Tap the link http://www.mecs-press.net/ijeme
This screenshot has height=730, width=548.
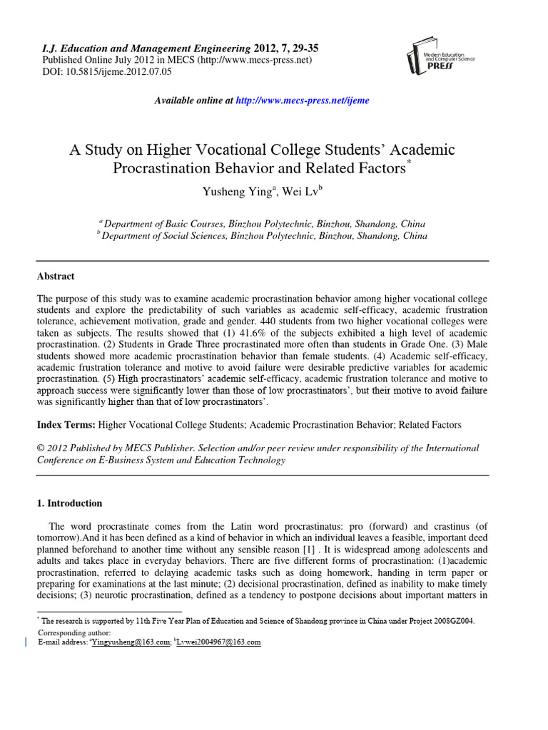pyautogui.click(x=303, y=101)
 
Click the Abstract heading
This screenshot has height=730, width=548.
pyautogui.click(x=56, y=277)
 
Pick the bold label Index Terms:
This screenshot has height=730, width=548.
pyautogui.click(x=66, y=425)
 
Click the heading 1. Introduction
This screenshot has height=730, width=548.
pyautogui.click(x=69, y=503)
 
